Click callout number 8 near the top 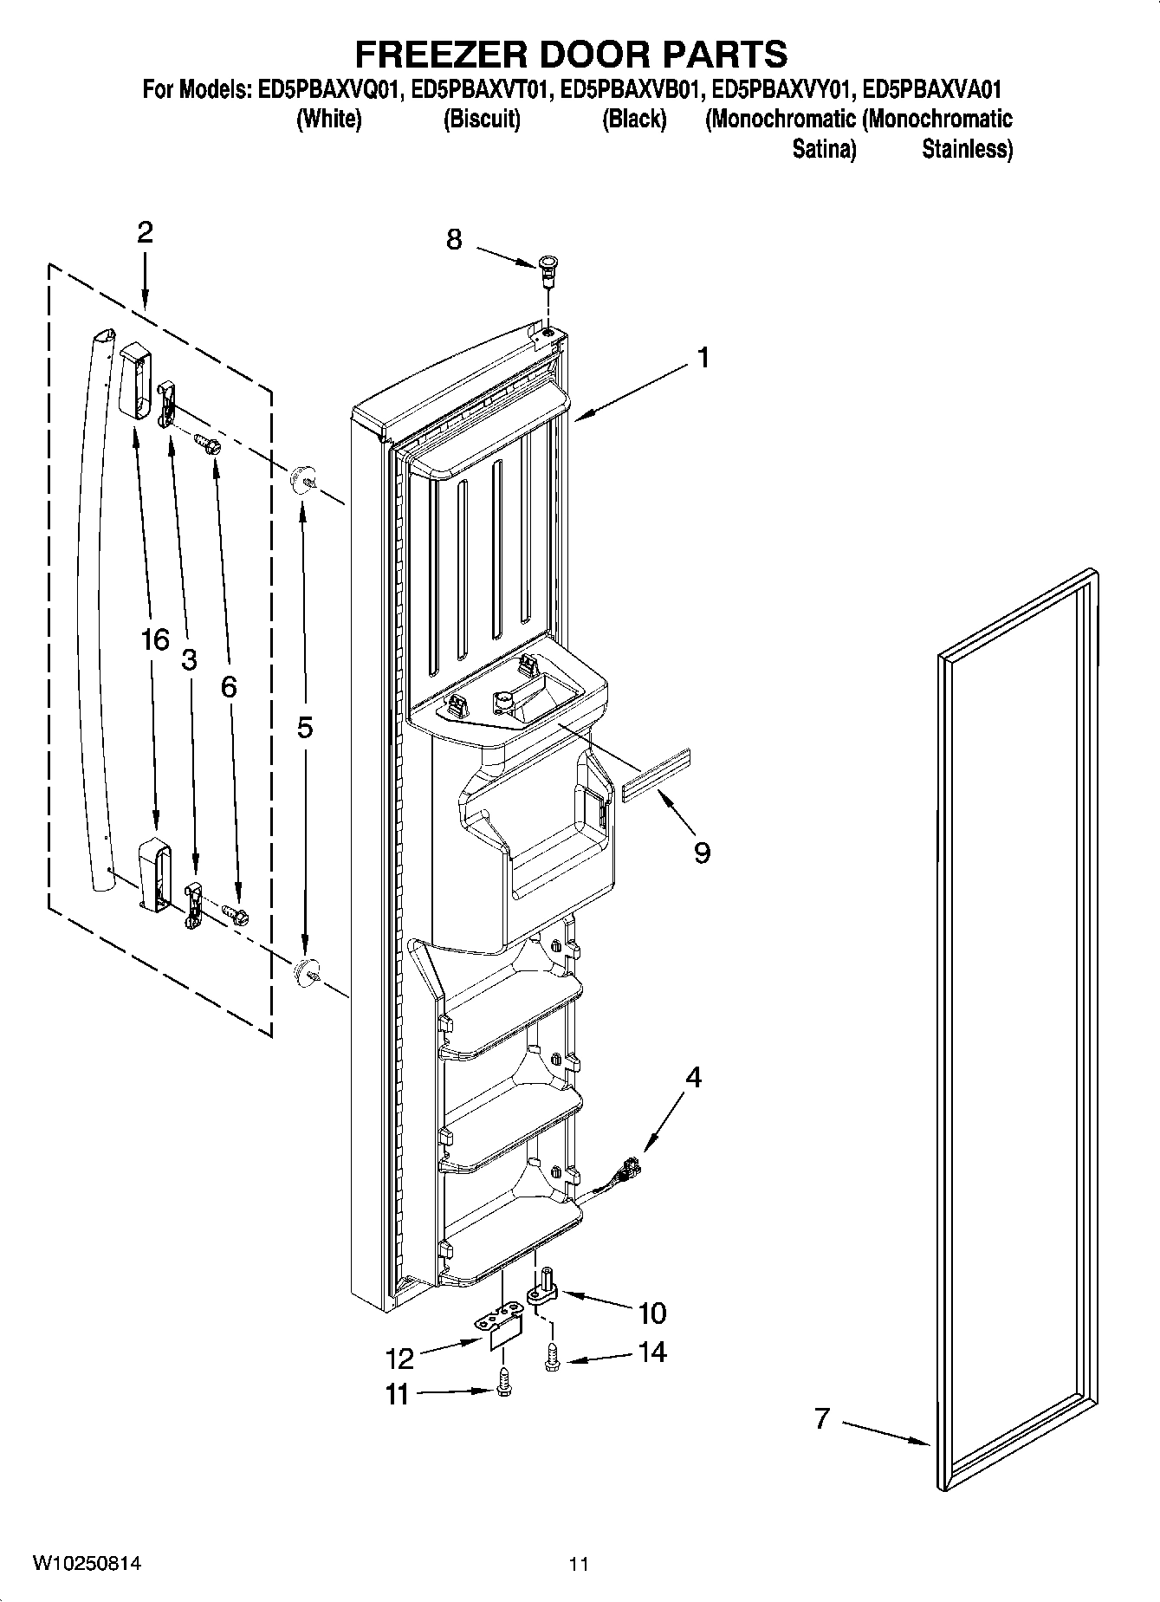454,239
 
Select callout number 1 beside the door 703,357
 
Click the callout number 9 702,853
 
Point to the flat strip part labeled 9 656,776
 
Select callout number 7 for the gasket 821,1418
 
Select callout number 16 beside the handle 155,639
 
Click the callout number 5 305,728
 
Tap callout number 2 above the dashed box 145,232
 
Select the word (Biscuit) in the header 482,120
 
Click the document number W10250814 87,1564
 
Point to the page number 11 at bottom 579,1564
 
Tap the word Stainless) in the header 967,149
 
